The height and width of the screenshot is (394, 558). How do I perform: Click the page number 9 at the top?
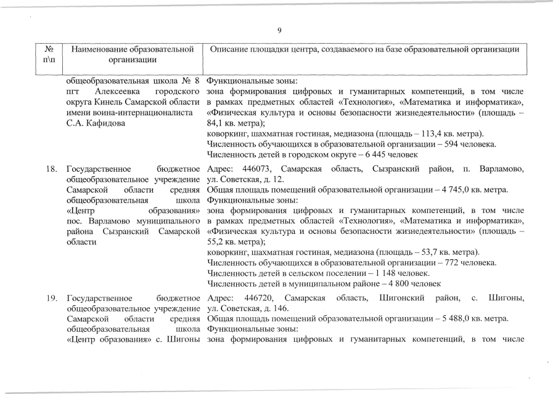279,31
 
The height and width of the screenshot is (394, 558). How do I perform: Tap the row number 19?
52,299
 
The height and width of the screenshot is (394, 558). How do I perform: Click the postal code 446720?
253,299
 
